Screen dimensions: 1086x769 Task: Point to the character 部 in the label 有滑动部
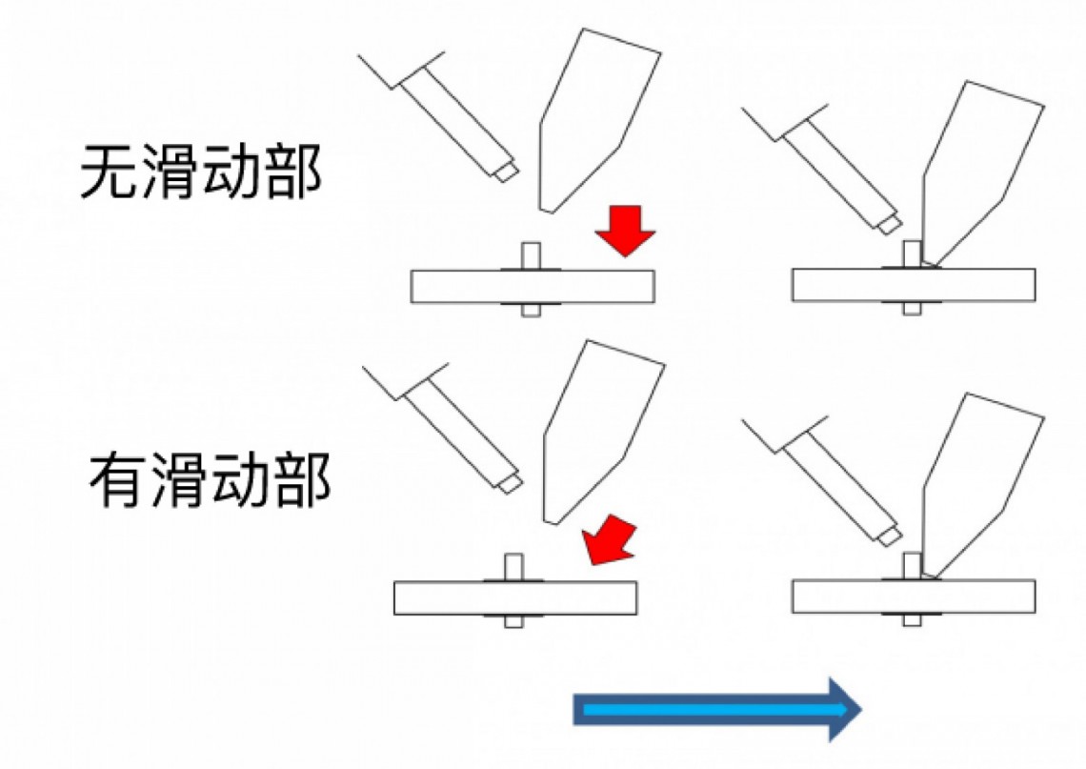[x=301, y=479]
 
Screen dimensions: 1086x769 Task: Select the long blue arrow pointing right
[x=716, y=709]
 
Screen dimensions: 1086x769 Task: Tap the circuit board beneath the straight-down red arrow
[x=533, y=287]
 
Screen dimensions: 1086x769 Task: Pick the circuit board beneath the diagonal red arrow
[x=515, y=597]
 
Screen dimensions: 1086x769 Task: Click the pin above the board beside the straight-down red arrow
[x=532, y=255]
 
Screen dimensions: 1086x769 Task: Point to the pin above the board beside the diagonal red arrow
[x=513, y=567]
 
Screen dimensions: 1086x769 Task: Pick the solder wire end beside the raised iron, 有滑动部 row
[x=512, y=483]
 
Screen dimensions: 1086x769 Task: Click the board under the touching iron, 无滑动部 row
[x=914, y=286]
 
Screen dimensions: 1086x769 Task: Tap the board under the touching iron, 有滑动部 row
[x=914, y=597]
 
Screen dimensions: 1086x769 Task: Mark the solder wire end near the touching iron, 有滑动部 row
[x=891, y=536]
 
